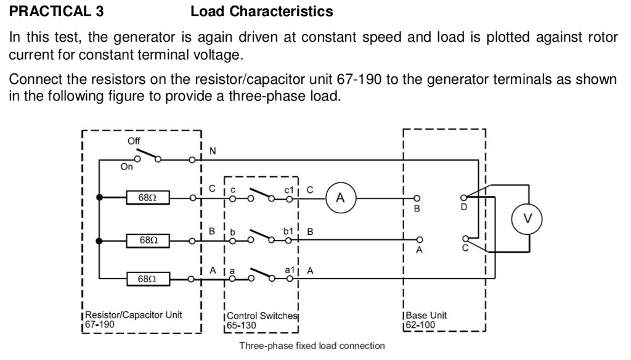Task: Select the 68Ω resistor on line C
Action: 147,198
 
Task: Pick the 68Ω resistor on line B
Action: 147,239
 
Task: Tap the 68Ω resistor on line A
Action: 147,280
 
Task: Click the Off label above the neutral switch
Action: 133,141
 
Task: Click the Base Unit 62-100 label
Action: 426,319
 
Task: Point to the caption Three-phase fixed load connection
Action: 312,346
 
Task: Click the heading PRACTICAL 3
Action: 47,11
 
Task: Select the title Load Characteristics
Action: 262,11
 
